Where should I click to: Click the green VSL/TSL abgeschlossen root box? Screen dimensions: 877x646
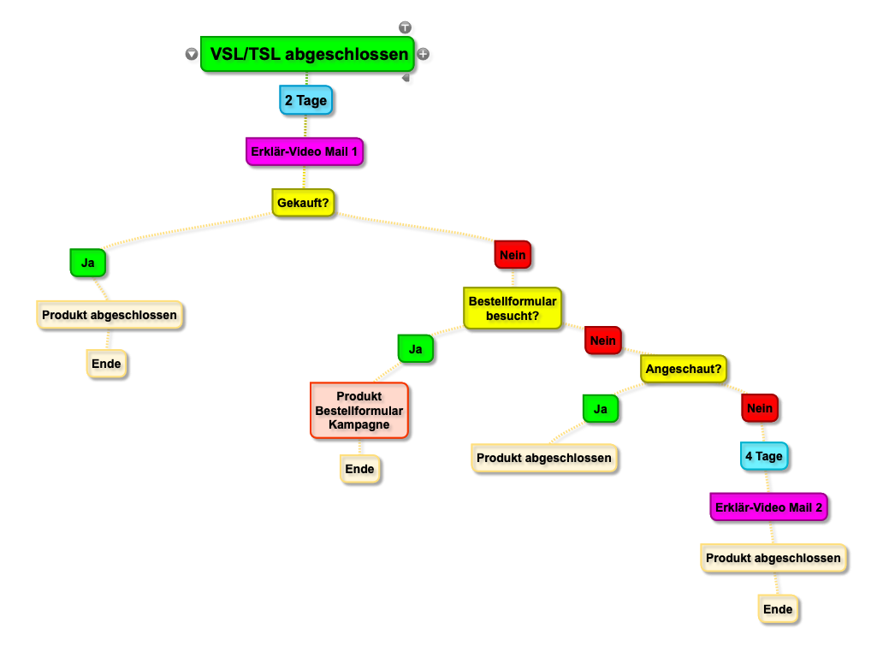point(307,54)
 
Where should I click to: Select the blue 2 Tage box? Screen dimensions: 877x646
point(306,100)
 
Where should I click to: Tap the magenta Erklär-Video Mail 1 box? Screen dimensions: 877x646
point(305,151)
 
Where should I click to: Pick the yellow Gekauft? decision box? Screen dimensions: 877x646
point(303,203)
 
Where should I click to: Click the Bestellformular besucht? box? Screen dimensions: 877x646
point(513,308)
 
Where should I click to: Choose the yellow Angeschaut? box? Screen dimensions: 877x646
point(684,369)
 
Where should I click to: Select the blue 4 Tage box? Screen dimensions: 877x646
point(764,456)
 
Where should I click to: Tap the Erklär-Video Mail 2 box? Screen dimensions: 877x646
point(768,507)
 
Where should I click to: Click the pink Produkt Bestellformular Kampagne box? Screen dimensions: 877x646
point(359,411)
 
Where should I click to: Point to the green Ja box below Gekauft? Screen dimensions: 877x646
point(88,263)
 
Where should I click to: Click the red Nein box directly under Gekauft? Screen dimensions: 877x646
point(513,255)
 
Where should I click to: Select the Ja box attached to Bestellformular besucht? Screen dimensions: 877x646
point(416,349)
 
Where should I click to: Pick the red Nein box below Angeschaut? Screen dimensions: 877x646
point(760,408)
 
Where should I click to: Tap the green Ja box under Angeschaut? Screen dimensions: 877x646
point(601,409)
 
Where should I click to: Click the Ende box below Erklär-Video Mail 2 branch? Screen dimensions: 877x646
point(778,609)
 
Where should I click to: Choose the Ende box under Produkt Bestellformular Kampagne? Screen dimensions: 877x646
point(359,469)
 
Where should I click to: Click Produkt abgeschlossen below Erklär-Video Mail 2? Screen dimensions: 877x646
point(773,558)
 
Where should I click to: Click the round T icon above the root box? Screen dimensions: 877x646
point(405,27)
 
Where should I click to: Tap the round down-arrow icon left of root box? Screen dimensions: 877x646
point(192,54)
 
